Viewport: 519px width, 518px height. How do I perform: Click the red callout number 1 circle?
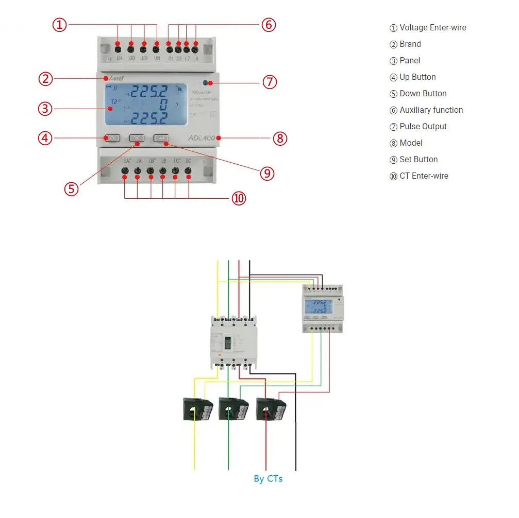[x=61, y=24]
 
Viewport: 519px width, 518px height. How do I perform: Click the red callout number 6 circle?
[x=269, y=24]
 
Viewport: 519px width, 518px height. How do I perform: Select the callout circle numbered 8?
[x=280, y=138]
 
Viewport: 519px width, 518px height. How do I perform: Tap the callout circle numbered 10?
[x=239, y=198]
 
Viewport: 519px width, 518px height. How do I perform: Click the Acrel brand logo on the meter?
[x=115, y=78]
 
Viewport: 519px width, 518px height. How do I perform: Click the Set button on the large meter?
[x=161, y=138]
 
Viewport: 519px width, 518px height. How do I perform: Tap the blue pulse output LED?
[x=206, y=82]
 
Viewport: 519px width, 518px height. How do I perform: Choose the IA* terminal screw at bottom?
[x=125, y=170]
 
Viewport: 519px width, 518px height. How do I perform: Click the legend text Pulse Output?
[x=423, y=126]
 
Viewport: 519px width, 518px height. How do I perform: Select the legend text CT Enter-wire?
[x=424, y=176]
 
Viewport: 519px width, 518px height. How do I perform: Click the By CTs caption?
[x=268, y=479]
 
